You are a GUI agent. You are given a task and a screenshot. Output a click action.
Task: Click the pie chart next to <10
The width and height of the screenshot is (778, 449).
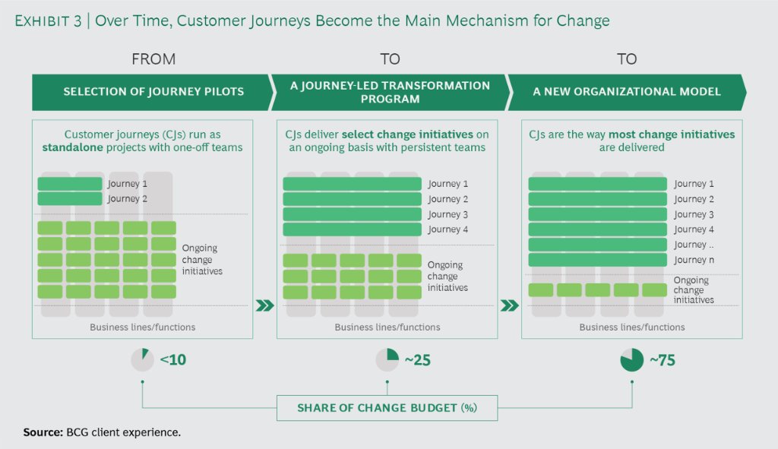[x=142, y=359]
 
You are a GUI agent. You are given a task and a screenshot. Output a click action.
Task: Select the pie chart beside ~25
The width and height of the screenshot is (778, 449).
[x=387, y=359]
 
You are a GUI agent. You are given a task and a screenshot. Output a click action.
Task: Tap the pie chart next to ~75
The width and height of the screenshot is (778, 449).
[x=632, y=359]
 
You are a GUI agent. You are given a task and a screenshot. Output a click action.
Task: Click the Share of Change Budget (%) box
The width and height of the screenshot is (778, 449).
[x=387, y=408]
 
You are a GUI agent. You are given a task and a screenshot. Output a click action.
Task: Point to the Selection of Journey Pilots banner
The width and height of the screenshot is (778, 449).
[x=153, y=92]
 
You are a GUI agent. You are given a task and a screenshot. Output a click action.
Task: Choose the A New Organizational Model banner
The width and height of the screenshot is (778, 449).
[x=627, y=92]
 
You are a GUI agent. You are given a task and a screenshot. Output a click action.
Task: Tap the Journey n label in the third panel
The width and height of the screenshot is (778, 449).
[x=690, y=260]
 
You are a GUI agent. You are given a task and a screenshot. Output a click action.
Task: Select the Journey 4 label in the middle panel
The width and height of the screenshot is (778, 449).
[x=444, y=229]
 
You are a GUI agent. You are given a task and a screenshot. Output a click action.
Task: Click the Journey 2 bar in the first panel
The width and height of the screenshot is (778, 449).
[x=69, y=199]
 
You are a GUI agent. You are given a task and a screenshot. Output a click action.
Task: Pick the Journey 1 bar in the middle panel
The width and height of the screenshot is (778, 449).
[x=352, y=184]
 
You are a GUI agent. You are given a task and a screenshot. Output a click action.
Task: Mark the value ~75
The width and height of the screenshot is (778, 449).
[x=663, y=360]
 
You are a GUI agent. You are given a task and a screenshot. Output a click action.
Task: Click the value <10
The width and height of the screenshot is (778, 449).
[x=172, y=360]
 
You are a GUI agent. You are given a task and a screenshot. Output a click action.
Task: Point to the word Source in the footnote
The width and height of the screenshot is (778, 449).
[x=42, y=432]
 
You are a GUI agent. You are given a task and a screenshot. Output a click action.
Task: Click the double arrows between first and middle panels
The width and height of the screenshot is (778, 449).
[x=264, y=306]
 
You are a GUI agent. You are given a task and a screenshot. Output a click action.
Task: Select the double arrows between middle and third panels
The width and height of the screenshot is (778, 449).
[x=510, y=306]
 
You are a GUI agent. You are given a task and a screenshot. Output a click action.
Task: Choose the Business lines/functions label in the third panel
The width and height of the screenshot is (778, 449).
[x=632, y=327]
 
